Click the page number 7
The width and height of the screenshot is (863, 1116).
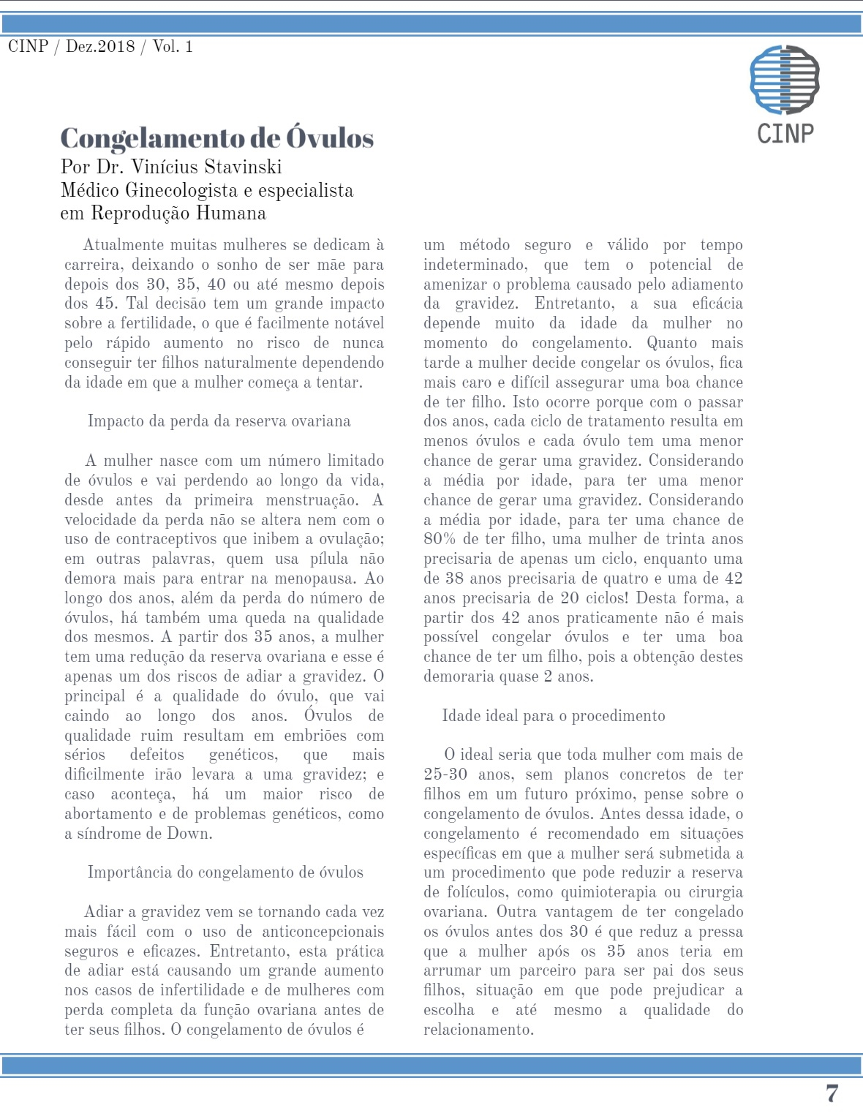[x=832, y=1093]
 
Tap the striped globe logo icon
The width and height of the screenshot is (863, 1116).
[x=785, y=79]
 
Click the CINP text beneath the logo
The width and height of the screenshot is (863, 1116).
[x=785, y=134]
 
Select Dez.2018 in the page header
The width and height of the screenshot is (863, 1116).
[x=100, y=47]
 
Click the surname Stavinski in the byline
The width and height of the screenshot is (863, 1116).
[x=244, y=167]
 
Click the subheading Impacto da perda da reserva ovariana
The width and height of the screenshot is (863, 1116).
[x=219, y=421]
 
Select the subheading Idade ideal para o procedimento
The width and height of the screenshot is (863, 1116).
[x=554, y=715]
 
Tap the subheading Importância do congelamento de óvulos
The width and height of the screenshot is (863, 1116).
[x=225, y=872]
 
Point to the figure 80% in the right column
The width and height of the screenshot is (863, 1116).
[x=440, y=539]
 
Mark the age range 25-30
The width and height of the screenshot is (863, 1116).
[x=445, y=774]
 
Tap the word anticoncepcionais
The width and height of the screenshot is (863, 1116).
[x=323, y=931]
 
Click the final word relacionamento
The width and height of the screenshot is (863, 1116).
[x=478, y=1029]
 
